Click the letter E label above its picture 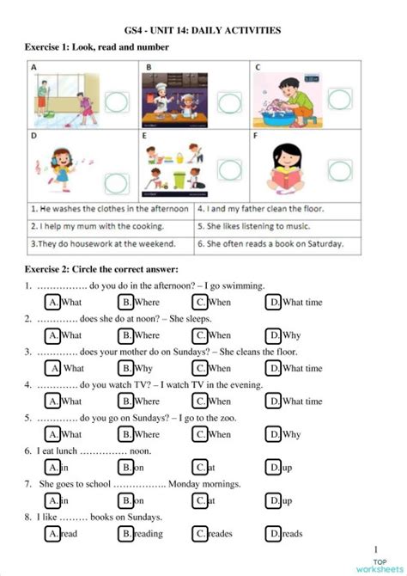[x=145, y=135]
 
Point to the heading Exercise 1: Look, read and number [x=97, y=47]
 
